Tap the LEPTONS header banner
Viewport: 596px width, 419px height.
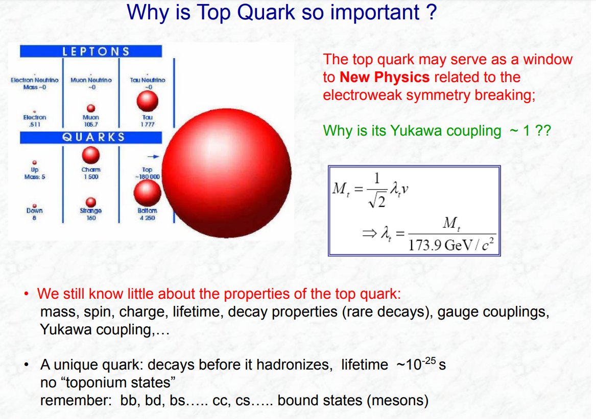coord(90,51)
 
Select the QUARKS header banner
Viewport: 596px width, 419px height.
coord(90,137)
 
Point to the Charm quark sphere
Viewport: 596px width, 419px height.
coord(90,154)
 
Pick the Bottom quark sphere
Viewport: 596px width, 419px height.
coord(147,193)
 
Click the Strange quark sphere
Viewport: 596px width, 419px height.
coord(90,202)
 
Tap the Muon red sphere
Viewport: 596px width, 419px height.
coord(91,108)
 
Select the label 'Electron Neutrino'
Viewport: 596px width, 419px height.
coord(34,80)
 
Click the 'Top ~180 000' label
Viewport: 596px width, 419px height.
coord(147,173)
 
